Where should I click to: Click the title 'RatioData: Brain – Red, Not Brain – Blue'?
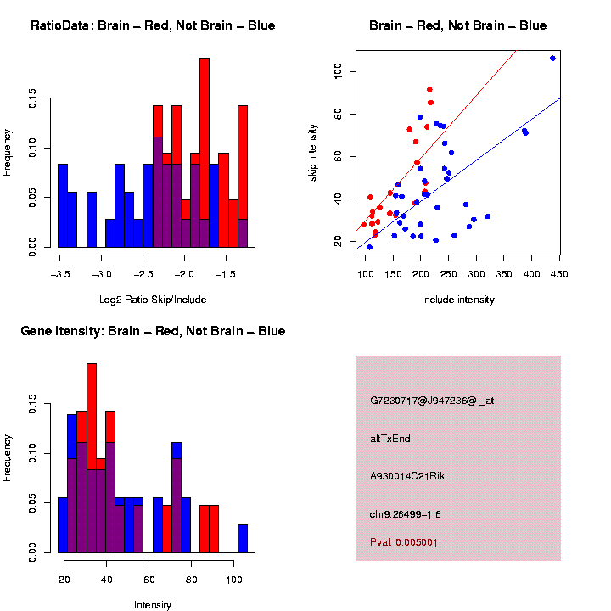click(x=153, y=25)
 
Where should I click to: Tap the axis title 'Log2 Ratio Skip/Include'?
click(x=153, y=299)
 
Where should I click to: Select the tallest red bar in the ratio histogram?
click(x=205, y=153)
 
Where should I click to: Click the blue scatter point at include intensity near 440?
click(x=552, y=59)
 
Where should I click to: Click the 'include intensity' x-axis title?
click(x=457, y=299)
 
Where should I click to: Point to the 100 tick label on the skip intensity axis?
click(x=337, y=73)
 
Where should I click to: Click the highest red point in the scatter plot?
click(x=429, y=89)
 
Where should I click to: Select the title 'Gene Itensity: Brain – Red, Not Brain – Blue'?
click(x=153, y=331)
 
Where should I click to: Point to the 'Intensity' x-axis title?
click(x=153, y=605)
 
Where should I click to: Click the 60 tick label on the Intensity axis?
click(x=149, y=580)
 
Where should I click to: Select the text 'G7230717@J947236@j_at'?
click(x=432, y=401)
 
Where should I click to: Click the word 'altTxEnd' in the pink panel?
click(x=390, y=439)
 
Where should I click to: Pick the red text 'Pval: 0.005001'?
click(x=404, y=541)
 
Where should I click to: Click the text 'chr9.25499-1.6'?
click(x=406, y=514)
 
